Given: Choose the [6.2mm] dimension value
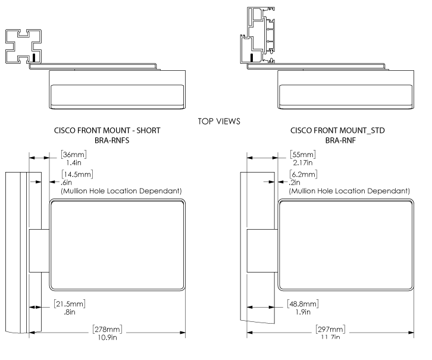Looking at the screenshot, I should [303, 174].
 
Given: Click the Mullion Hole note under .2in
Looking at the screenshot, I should [349, 191].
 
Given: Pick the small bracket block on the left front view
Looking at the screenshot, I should [40, 251].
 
